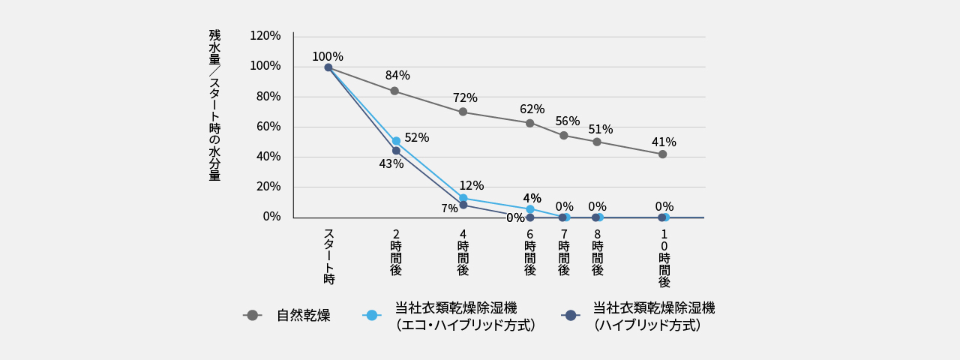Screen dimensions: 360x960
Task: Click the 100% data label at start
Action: pyautogui.click(x=327, y=57)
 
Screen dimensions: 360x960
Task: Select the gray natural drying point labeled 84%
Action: pyautogui.click(x=394, y=91)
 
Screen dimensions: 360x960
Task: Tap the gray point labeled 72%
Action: pyautogui.click(x=463, y=112)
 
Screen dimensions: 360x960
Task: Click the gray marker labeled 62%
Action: pyautogui.click(x=529, y=123)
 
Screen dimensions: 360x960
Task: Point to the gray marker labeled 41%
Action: pyautogui.click(x=662, y=154)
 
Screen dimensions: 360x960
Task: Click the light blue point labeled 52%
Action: pyautogui.click(x=396, y=141)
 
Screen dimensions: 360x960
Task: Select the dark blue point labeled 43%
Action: pyautogui.click(x=396, y=151)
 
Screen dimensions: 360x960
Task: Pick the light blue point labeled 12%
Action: pyautogui.click(x=463, y=198)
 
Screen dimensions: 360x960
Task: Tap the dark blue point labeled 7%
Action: pyautogui.click(x=463, y=205)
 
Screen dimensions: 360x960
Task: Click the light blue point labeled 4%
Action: pyautogui.click(x=529, y=209)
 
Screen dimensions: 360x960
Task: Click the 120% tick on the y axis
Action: pyautogui.click(x=265, y=36)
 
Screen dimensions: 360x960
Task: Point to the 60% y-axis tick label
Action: pyautogui.click(x=268, y=127)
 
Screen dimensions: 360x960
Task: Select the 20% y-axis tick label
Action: pyautogui.click(x=268, y=187)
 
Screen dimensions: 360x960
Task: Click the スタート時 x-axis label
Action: pyautogui.click(x=328, y=256)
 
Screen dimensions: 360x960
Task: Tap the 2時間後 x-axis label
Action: pyautogui.click(x=396, y=252)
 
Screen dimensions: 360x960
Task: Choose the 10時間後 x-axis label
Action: pyautogui.click(x=664, y=259)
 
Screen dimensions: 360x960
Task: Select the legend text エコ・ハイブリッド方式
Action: pyautogui.click(x=465, y=325)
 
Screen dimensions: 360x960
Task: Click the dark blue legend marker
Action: pyautogui.click(x=571, y=315)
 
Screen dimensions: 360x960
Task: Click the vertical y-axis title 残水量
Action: pyautogui.click(x=214, y=47)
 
